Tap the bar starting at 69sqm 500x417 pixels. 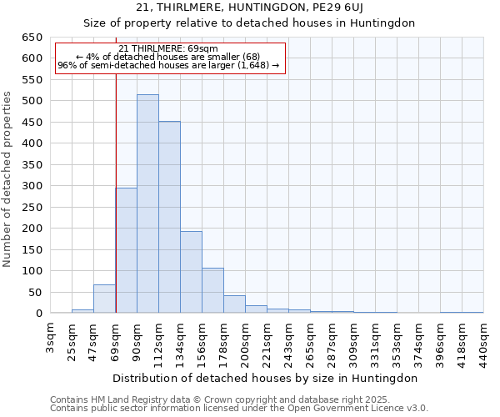tap(126, 250)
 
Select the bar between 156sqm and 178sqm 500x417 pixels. tap(212, 290)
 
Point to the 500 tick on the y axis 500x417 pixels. tap(32, 101)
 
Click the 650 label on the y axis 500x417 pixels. tap(32, 38)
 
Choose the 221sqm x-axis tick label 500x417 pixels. tap(267, 340)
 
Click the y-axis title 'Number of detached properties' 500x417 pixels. tap(8, 175)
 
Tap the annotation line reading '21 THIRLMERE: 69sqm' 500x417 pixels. tap(169, 48)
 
